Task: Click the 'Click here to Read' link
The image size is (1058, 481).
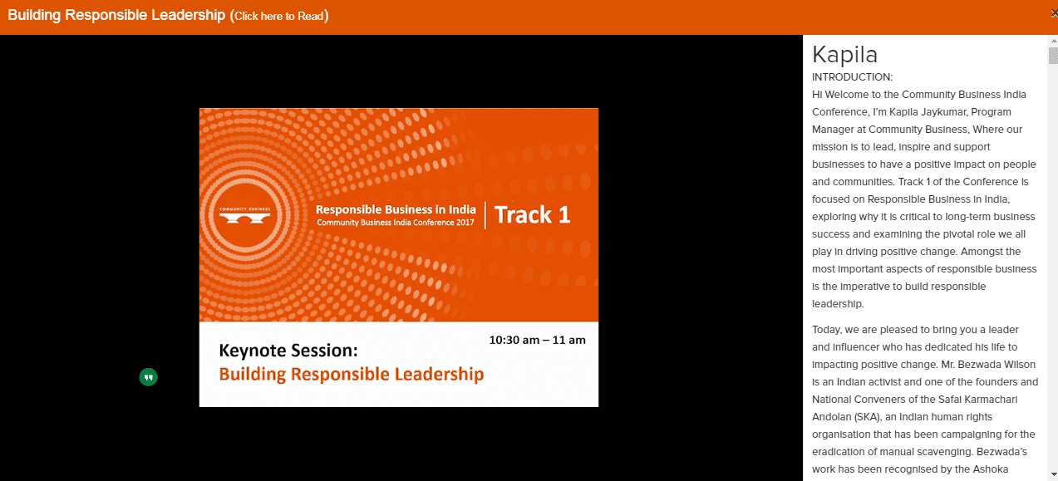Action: [278, 16]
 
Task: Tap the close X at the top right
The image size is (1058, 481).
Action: [1054, 13]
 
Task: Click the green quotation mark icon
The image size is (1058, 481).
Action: [148, 377]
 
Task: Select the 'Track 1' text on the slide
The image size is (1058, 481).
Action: [532, 215]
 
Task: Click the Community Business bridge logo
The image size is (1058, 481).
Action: [244, 215]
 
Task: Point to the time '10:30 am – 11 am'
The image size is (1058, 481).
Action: [537, 340]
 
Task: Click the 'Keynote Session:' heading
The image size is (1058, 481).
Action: [288, 351]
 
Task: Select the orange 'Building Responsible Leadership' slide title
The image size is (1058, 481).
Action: [352, 375]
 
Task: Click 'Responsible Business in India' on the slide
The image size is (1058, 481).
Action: [396, 209]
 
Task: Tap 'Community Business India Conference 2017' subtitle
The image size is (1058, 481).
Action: [396, 223]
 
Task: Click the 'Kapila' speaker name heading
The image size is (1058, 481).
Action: [844, 55]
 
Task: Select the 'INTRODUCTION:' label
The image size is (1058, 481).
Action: [852, 77]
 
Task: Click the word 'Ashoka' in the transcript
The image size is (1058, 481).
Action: [991, 469]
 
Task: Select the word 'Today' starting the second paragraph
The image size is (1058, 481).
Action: [825, 330]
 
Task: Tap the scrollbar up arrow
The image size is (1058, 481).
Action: [1053, 41]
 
